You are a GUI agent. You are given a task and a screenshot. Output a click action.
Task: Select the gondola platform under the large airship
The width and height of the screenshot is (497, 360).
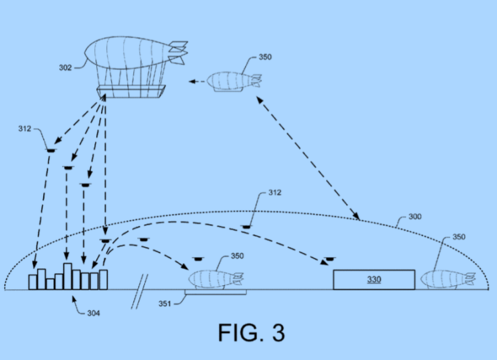130,91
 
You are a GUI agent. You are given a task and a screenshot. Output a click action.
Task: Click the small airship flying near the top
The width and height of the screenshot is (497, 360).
232,81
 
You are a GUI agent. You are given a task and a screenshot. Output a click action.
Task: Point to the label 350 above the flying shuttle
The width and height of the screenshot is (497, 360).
265,58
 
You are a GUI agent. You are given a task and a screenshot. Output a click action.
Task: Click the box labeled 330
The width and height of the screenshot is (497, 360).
374,279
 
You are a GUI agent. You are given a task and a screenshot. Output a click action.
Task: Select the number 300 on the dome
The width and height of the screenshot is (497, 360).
416,218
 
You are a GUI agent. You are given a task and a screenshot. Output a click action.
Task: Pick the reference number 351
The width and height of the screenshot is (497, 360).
164,303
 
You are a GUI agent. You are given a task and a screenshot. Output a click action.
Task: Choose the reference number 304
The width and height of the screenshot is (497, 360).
94,313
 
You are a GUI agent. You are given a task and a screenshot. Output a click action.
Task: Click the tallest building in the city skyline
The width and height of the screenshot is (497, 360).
67,276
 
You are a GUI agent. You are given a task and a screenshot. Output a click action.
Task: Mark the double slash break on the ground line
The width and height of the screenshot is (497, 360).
139,291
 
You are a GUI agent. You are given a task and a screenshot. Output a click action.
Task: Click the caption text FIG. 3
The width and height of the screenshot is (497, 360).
251,332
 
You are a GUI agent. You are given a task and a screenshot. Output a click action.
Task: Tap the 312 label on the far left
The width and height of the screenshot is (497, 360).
24,127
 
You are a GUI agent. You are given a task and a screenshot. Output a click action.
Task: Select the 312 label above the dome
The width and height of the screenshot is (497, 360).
273,193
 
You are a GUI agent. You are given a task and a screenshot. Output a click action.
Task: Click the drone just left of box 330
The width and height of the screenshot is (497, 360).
329,259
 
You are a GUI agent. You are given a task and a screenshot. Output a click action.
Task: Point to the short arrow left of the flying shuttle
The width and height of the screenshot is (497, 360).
196,81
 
